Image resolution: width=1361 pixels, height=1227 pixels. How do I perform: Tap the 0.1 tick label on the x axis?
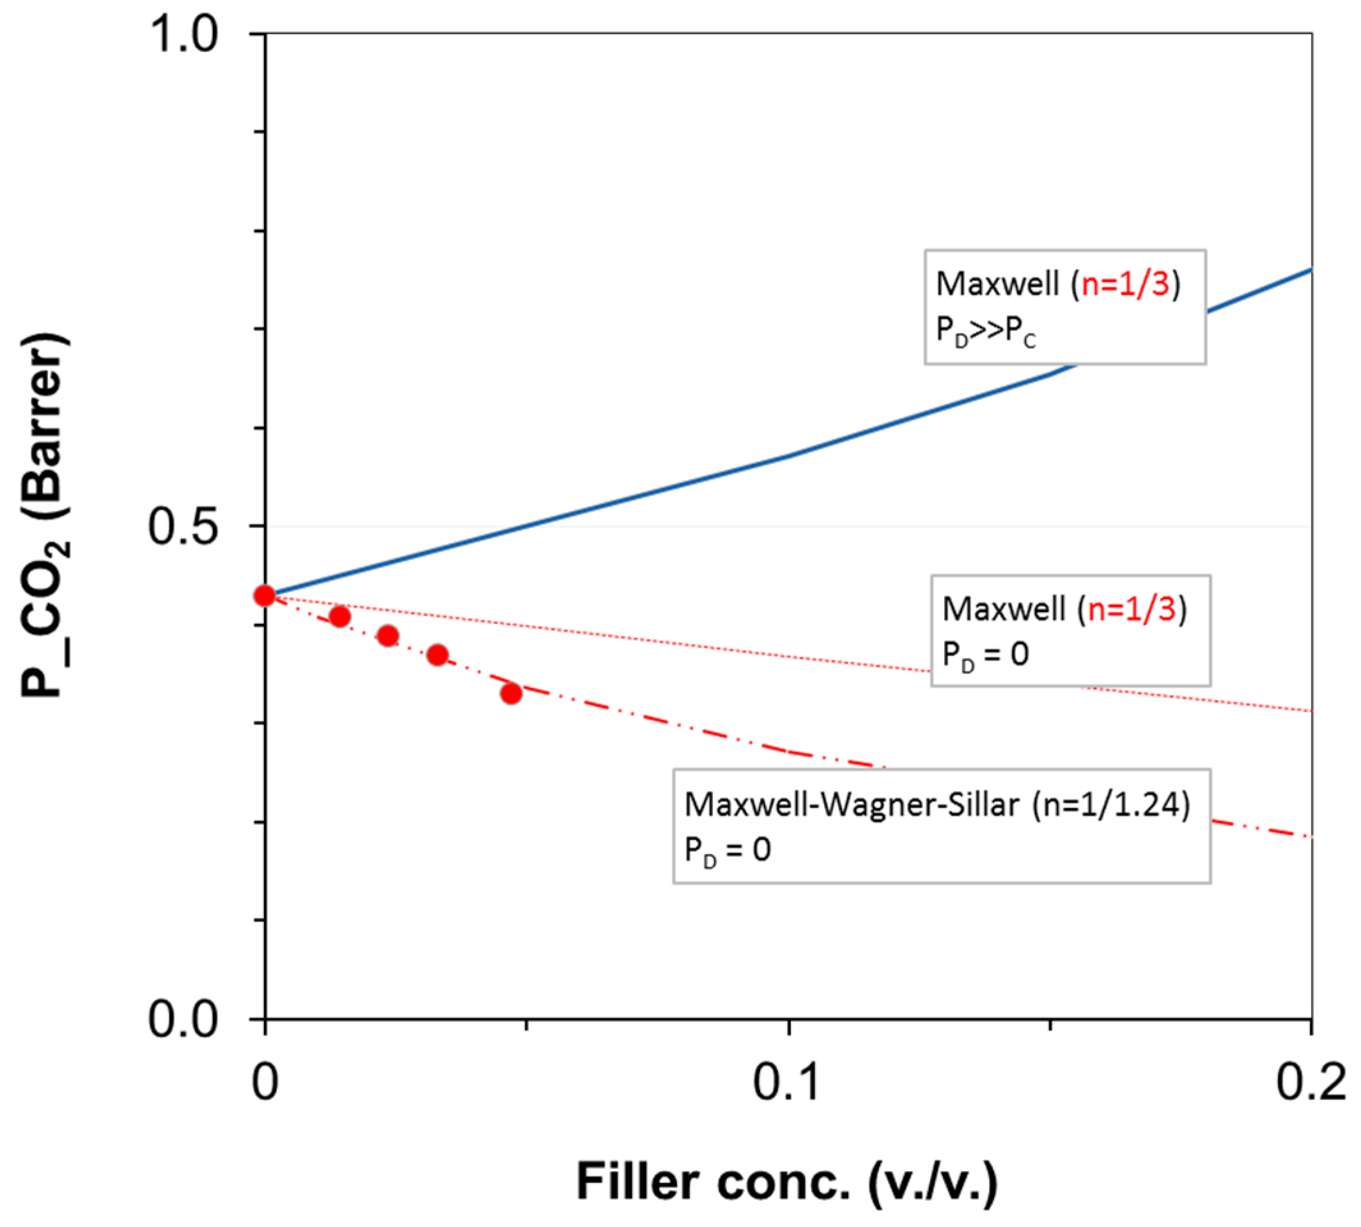point(788,1083)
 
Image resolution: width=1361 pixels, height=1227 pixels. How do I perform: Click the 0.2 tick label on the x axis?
point(1310,1083)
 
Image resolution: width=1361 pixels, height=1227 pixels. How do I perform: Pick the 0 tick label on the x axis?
point(265,1083)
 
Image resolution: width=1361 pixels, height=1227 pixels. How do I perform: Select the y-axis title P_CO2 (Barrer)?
point(46,516)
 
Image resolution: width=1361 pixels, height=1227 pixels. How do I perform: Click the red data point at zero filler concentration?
point(264,596)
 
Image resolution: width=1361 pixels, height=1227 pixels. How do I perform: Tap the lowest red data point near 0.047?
point(511,693)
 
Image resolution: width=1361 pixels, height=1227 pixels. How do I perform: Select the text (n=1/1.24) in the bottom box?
point(1111,804)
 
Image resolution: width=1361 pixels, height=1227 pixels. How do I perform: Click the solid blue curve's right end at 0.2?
point(1309,270)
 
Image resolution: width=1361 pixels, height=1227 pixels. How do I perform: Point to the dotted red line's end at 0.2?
point(1309,710)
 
